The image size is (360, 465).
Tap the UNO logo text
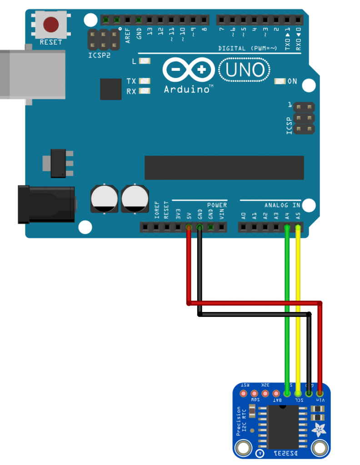click(245, 70)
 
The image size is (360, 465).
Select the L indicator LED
click(145, 61)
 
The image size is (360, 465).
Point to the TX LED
click(145, 81)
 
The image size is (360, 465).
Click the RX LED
click(145, 91)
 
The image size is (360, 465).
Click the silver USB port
click(32, 74)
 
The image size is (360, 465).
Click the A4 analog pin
click(287, 227)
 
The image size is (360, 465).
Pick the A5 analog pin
click(298, 227)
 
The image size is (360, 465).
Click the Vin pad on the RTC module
click(320, 393)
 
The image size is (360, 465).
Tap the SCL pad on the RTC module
click(298, 393)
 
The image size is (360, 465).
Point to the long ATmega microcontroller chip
click(224, 168)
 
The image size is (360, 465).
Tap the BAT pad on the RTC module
click(276, 393)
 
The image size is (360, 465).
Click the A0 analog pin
click(244, 227)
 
